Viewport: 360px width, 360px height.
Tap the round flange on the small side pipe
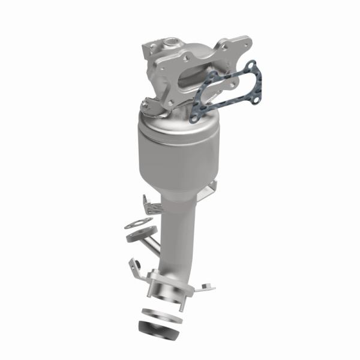(x=133, y=235)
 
